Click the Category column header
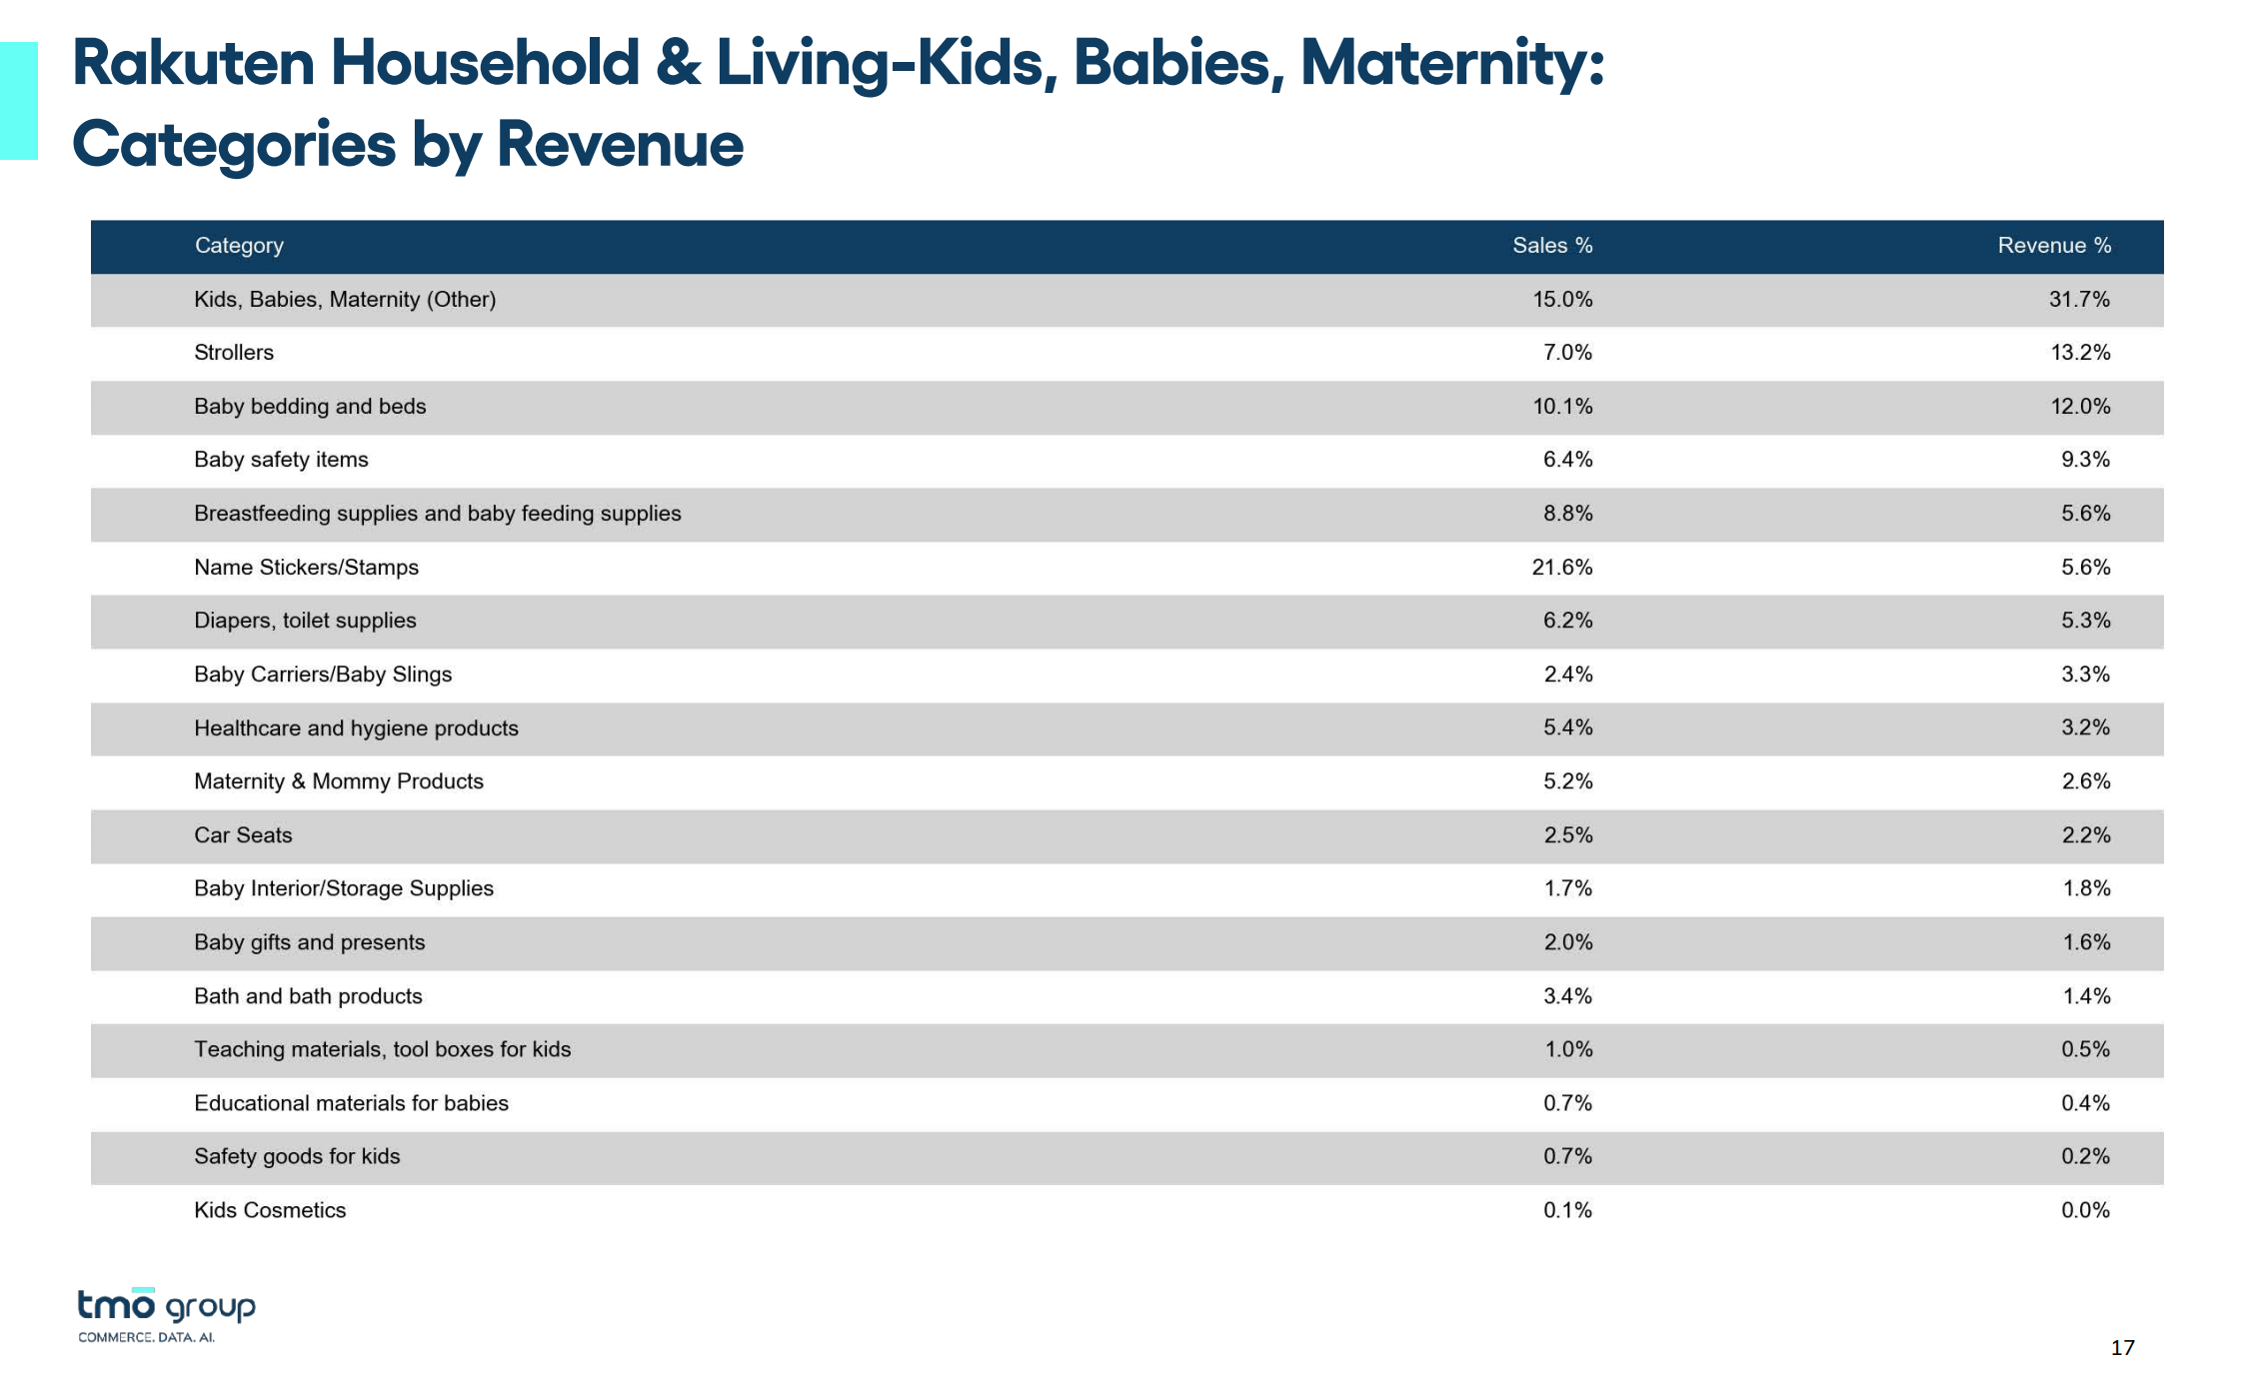click(x=239, y=246)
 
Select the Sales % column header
click(x=1552, y=246)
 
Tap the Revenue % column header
click(x=2054, y=246)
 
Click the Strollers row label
click(x=234, y=353)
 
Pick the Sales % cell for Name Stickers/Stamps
click(x=1562, y=568)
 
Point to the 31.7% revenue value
click(x=2079, y=300)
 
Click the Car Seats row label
click(x=243, y=835)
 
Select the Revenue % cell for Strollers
click(x=2080, y=353)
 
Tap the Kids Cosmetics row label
click(x=270, y=1210)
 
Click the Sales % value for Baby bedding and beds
click(x=1562, y=407)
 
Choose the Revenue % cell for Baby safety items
click(x=2085, y=460)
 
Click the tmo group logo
click(x=167, y=1315)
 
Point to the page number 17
click(x=2123, y=1348)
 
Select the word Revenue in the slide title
click(x=620, y=145)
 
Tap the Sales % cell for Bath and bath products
click(x=1567, y=996)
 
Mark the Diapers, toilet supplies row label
click(x=305, y=621)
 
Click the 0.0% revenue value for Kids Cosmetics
click(x=2085, y=1210)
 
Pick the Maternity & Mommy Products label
click(x=339, y=781)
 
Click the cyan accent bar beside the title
click(x=19, y=101)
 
